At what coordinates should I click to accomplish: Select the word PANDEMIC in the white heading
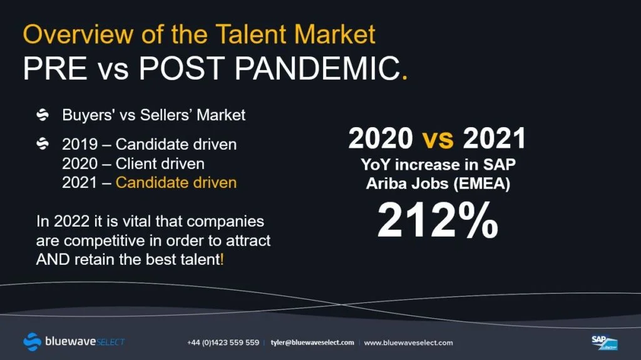pyautogui.click(x=317, y=68)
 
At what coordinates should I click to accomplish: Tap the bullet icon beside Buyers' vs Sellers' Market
pyautogui.click(x=43, y=115)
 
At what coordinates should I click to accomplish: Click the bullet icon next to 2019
pyautogui.click(x=43, y=143)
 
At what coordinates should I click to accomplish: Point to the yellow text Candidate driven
pyautogui.click(x=176, y=182)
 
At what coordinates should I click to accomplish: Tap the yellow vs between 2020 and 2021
pyautogui.click(x=438, y=139)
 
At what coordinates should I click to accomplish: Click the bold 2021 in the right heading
pyautogui.click(x=495, y=138)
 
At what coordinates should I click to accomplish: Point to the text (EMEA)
pyautogui.click(x=482, y=183)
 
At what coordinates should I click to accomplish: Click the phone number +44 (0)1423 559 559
pyautogui.click(x=223, y=342)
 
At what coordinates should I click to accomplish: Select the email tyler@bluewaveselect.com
pyautogui.click(x=312, y=342)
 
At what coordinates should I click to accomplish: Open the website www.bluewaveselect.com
pyautogui.click(x=408, y=342)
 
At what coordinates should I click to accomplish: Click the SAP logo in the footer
pyautogui.click(x=605, y=342)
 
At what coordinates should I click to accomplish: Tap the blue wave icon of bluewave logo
pyautogui.click(x=33, y=342)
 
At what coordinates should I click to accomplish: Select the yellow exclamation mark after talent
pyautogui.click(x=222, y=259)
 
